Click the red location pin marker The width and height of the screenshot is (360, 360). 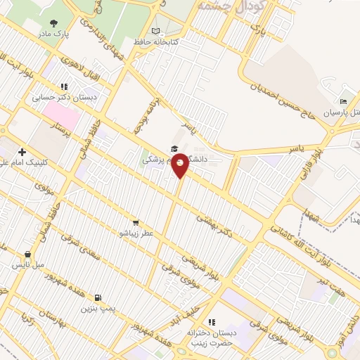(x=181, y=166)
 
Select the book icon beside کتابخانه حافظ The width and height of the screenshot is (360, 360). (x=156, y=32)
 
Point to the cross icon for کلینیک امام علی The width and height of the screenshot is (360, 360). (x=22, y=152)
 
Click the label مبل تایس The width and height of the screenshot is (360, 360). (x=27, y=265)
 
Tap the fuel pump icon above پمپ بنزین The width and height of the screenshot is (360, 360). (x=97, y=297)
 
